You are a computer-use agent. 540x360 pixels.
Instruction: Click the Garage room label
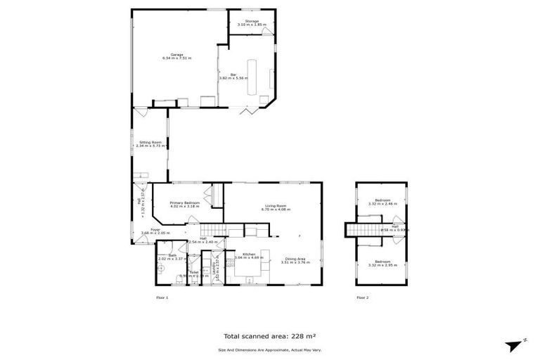coord(176,55)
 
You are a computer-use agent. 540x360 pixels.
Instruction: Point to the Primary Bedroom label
coord(185,203)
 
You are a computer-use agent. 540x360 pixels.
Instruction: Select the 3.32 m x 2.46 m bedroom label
coord(382,204)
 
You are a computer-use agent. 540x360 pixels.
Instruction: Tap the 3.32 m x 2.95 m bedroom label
coord(382,265)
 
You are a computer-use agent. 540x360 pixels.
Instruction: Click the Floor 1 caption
coord(162,298)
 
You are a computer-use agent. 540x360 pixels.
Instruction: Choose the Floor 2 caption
coord(362,298)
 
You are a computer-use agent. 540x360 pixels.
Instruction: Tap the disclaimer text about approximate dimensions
coord(269,349)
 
